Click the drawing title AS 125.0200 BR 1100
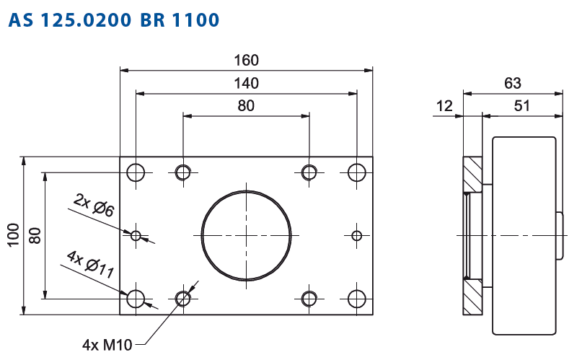tap(113, 20)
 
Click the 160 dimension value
tap(246, 60)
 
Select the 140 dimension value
tap(246, 83)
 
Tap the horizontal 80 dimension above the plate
tap(246, 106)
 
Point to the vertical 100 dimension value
tap(14, 235)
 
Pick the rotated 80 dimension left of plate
tap(35, 236)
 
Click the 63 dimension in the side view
tap(513, 83)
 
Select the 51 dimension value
tap(521, 106)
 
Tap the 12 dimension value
tap(444, 106)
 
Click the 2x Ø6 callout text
tap(94, 205)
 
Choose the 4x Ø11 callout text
tap(91, 265)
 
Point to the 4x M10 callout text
tap(107, 345)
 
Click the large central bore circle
tap(247, 191)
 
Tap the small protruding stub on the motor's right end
tap(560, 235)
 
